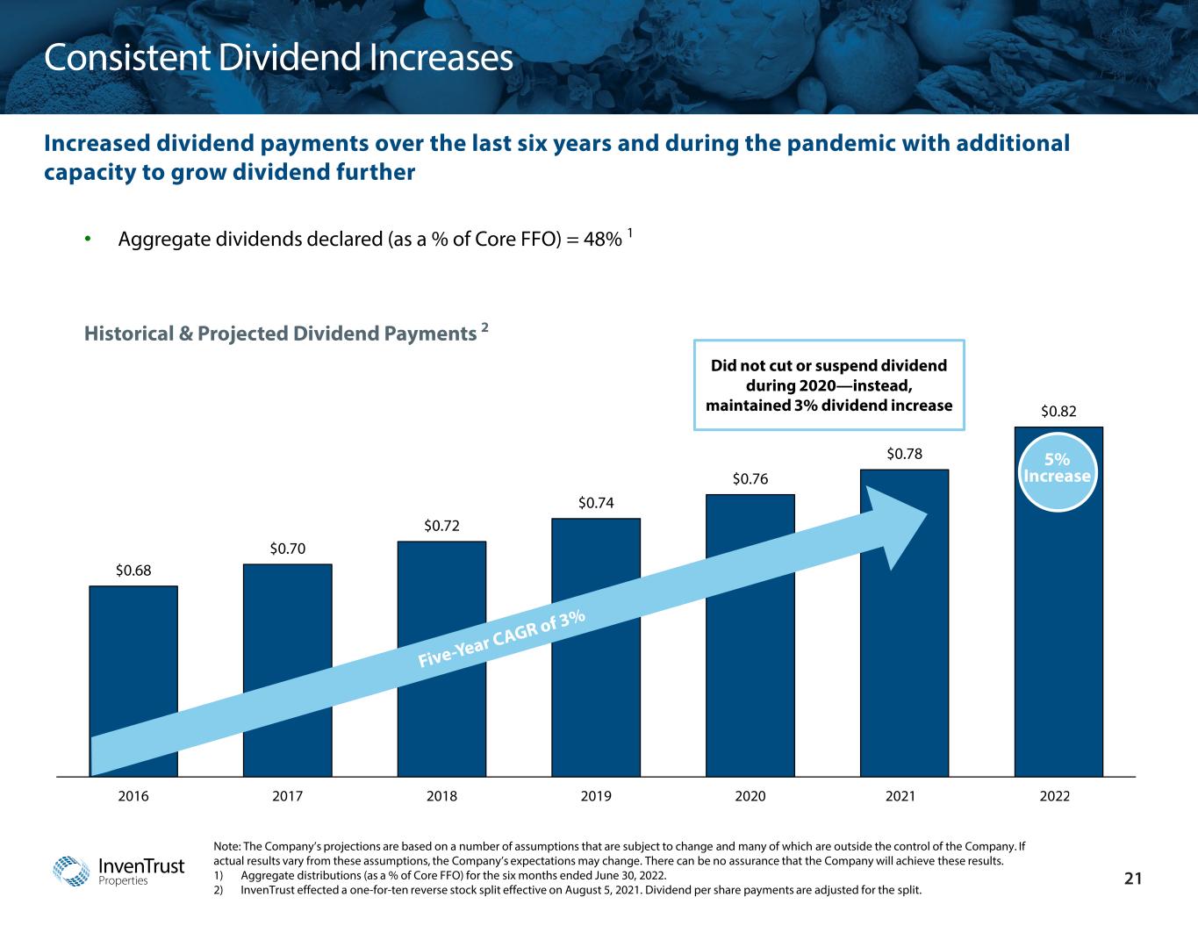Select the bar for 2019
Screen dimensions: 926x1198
point(596,702)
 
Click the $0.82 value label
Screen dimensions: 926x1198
point(1058,411)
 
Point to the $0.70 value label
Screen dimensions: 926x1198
point(288,549)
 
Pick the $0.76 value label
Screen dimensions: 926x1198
point(750,479)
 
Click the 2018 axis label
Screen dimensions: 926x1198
point(441,797)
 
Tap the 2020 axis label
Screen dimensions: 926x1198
point(750,797)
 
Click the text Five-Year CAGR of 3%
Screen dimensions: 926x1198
point(501,638)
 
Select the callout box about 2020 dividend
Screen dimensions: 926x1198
point(829,385)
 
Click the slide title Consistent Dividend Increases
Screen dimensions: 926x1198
point(278,58)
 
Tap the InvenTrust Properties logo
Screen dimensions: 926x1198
point(119,871)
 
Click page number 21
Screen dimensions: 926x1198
point(1133,879)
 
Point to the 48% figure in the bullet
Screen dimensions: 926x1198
point(605,239)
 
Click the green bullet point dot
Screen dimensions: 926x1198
point(88,239)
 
